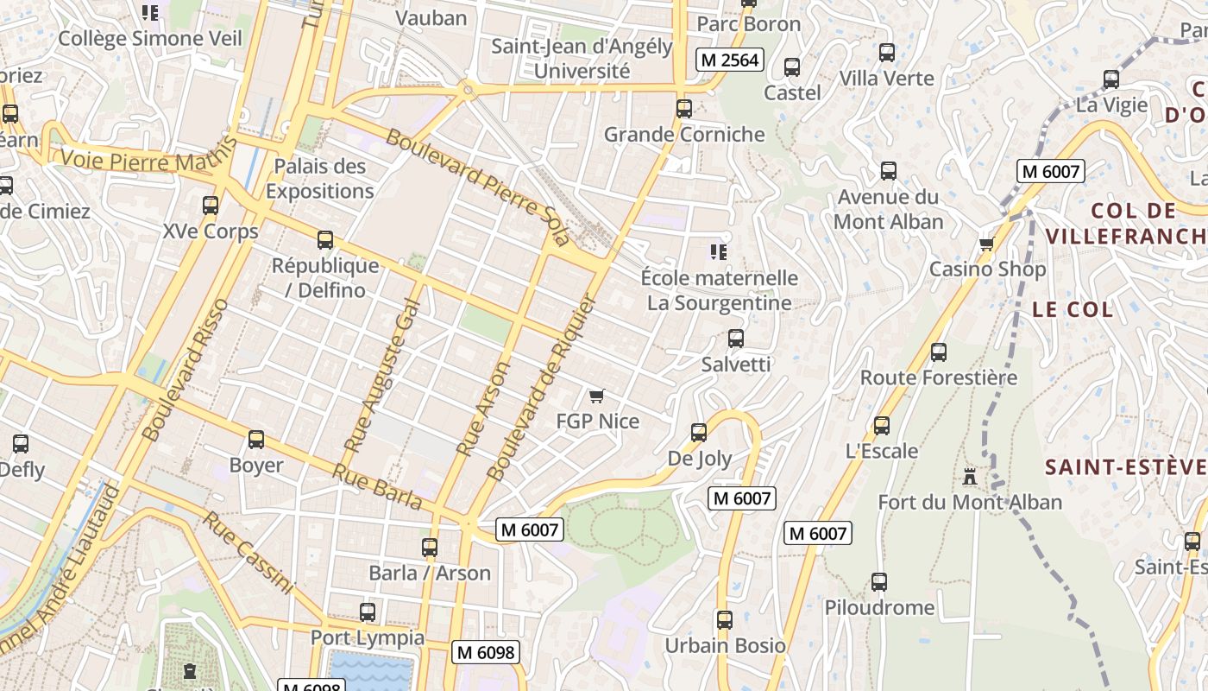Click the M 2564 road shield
coord(730,60)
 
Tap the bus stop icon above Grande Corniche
coord(684,109)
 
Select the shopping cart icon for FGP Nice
coord(596,396)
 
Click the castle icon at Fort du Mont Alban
coord(970,477)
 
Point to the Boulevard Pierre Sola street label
coord(477,187)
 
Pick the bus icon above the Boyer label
coord(256,440)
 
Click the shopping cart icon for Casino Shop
coord(987,244)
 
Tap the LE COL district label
coord(1073,309)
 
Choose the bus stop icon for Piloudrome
coord(879,582)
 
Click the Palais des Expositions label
coord(320,179)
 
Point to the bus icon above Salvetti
coord(735,339)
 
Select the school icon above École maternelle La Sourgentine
coord(718,252)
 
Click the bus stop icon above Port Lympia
coord(368,612)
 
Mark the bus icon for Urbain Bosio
coord(725,620)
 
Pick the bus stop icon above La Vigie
coord(1111,79)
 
